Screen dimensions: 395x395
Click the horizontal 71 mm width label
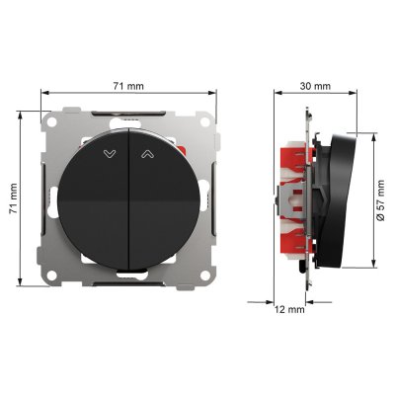pyautogui.click(x=128, y=86)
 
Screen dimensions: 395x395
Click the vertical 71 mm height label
pyautogui.click(x=13, y=198)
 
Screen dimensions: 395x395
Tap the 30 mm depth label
pyautogui.click(x=315, y=86)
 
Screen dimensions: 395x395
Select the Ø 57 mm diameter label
pyautogui.click(x=380, y=200)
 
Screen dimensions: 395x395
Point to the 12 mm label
pyautogui.click(x=289, y=309)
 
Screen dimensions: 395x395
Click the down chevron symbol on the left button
pyautogui.click(x=110, y=154)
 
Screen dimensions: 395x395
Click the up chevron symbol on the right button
pyautogui.click(x=148, y=154)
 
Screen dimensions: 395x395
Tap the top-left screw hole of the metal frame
pyautogui.click(x=51, y=122)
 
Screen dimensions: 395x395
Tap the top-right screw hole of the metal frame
pyautogui.click(x=205, y=122)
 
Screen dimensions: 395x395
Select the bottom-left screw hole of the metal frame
pyautogui.click(x=51, y=276)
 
